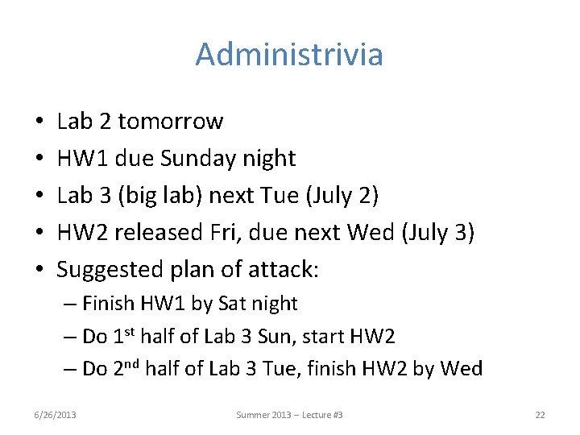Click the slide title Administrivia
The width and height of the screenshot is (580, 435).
pyautogui.click(x=289, y=55)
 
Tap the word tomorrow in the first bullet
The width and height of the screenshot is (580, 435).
pyautogui.click(x=170, y=122)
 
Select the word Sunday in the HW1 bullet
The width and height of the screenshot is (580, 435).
pyautogui.click(x=195, y=159)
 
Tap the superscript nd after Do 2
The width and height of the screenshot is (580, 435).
pyautogui.click(x=129, y=363)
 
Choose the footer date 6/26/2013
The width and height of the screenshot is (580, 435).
pyautogui.click(x=55, y=414)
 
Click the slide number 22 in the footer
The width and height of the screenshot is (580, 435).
pyautogui.click(x=540, y=414)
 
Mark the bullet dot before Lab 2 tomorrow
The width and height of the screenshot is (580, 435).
pyautogui.click(x=39, y=122)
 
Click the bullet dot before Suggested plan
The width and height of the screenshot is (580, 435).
pyautogui.click(x=39, y=271)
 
